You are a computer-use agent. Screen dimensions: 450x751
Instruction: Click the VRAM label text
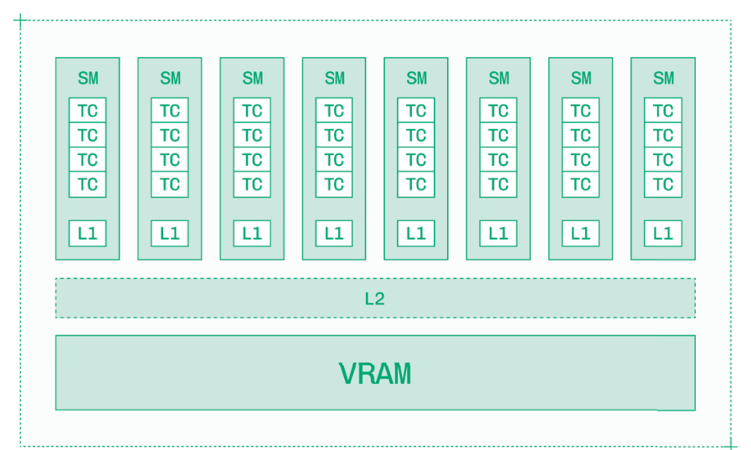(x=375, y=374)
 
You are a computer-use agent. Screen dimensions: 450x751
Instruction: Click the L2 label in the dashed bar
(x=374, y=299)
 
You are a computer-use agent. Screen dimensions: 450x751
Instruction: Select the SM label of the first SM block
(x=88, y=79)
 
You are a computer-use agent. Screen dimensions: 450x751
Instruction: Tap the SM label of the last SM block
(x=663, y=79)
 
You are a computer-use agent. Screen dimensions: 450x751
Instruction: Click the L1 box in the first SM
(x=88, y=234)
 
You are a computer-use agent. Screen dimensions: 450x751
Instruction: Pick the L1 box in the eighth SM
(x=663, y=234)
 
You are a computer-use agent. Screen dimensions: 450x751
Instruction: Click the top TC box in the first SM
(x=88, y=111)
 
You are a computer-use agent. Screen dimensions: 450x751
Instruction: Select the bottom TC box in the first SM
(x=88, y=184)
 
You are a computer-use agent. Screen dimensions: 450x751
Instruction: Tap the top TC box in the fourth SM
(x=334, y=111)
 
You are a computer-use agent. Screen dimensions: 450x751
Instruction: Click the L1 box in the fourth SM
(x=334, y=234)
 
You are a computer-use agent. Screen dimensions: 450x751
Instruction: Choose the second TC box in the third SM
(x=252, y=135)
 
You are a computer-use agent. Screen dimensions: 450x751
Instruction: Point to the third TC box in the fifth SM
(x=416, y=160)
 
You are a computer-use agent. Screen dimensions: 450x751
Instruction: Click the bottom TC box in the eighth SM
(x=663, y=184)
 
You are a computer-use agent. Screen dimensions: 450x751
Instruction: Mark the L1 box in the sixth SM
(x=498, y=234)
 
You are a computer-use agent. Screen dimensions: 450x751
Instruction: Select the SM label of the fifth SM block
(x=416, y=79)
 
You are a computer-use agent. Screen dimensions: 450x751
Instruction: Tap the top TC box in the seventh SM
(x=580, y=111)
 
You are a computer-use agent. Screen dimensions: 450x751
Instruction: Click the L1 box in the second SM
(x=170, y=234)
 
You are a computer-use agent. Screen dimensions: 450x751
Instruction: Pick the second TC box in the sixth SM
(x=498, y=135)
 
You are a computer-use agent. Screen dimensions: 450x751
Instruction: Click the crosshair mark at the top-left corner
(x=21, y=20)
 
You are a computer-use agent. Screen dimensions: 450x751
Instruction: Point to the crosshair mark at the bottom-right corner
(x=730, y=444)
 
